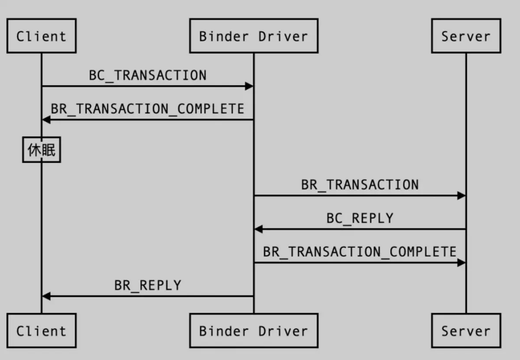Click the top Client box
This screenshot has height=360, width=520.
point(42,36)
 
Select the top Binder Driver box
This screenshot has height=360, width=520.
point(254,36)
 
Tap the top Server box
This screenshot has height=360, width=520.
point(466,36)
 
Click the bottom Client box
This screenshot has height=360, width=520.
point(42,331)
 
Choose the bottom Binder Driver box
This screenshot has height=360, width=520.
point(254,331)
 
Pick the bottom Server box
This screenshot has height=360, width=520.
point(466,331)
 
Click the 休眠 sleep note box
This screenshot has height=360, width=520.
point(42,150)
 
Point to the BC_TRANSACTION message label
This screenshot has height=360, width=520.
point(148,76)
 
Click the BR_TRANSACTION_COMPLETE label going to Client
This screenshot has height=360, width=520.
point(148,109)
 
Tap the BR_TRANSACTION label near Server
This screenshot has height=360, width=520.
point(360,185)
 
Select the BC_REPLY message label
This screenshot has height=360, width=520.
point(360,219)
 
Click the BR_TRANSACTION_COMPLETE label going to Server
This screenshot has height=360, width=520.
point(360,252)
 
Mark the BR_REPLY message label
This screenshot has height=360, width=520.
point(148,285)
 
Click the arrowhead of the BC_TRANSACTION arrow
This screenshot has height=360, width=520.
point(249,86)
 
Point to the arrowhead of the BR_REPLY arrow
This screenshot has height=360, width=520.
point(46,296)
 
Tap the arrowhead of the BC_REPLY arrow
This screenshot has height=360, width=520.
point(259,229)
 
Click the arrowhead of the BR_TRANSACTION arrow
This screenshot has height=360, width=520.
point(461,196)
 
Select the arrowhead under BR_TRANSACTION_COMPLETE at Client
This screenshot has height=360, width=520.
point(46,120)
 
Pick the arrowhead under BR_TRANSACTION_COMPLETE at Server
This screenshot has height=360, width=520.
point(461,263)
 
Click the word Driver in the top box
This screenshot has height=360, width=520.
point(283,36)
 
